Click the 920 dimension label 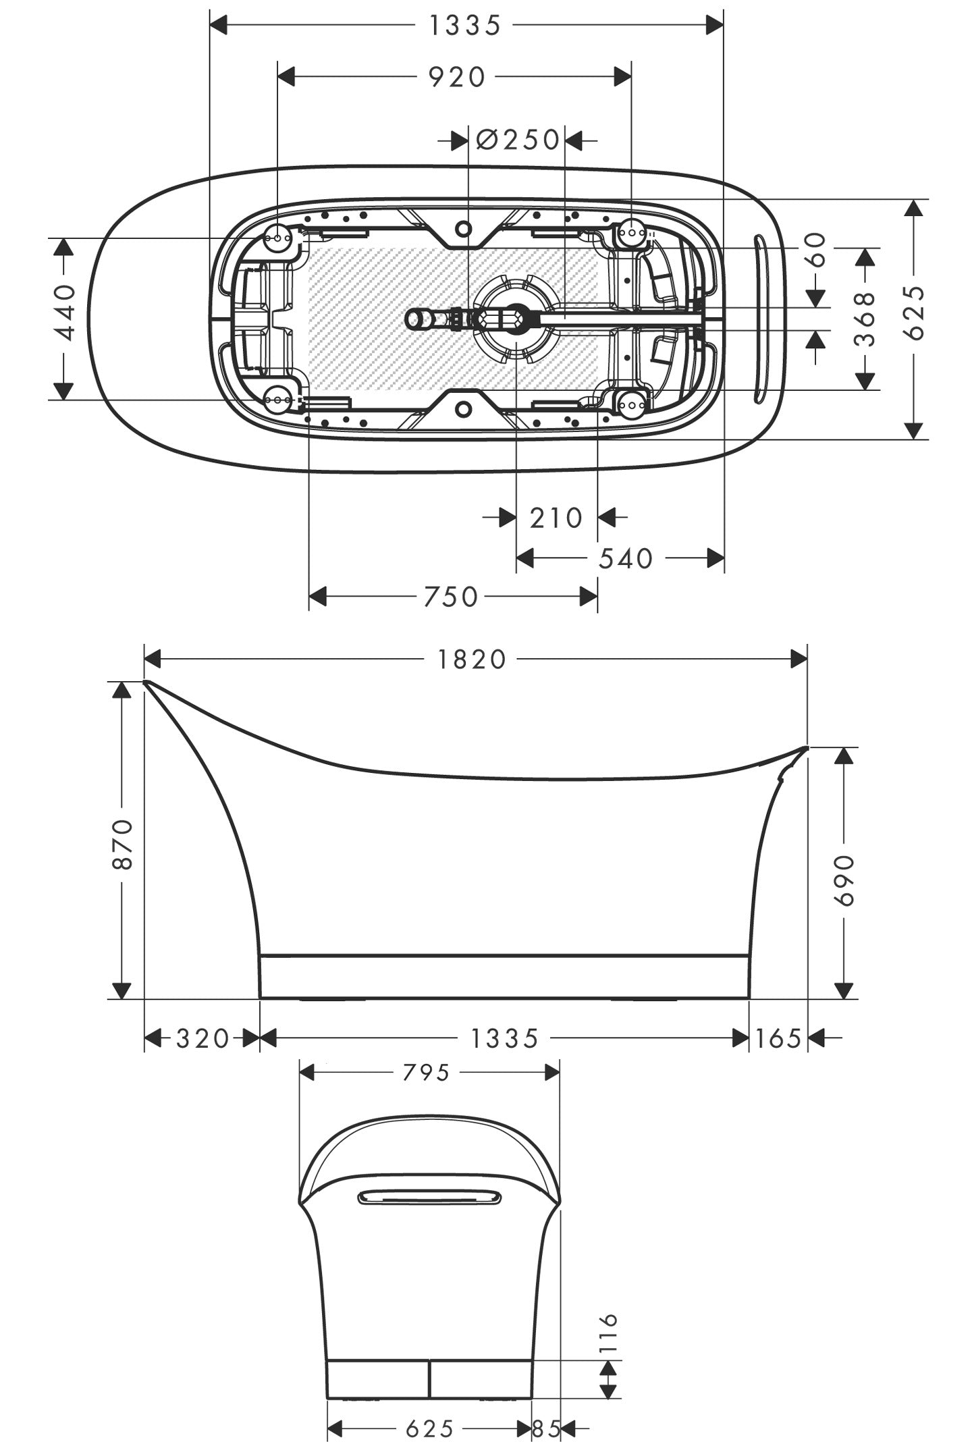457,78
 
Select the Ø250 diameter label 518,140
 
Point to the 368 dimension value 865,318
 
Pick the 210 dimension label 556,518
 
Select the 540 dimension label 626,559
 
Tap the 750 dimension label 451,597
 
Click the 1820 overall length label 473,660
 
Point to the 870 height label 122,844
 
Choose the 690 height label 844,880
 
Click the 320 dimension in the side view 203,1039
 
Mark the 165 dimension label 778,1039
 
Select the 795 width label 426,1073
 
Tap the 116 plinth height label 608,1332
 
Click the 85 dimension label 547,1428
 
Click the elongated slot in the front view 430,1198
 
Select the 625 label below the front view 429,1428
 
